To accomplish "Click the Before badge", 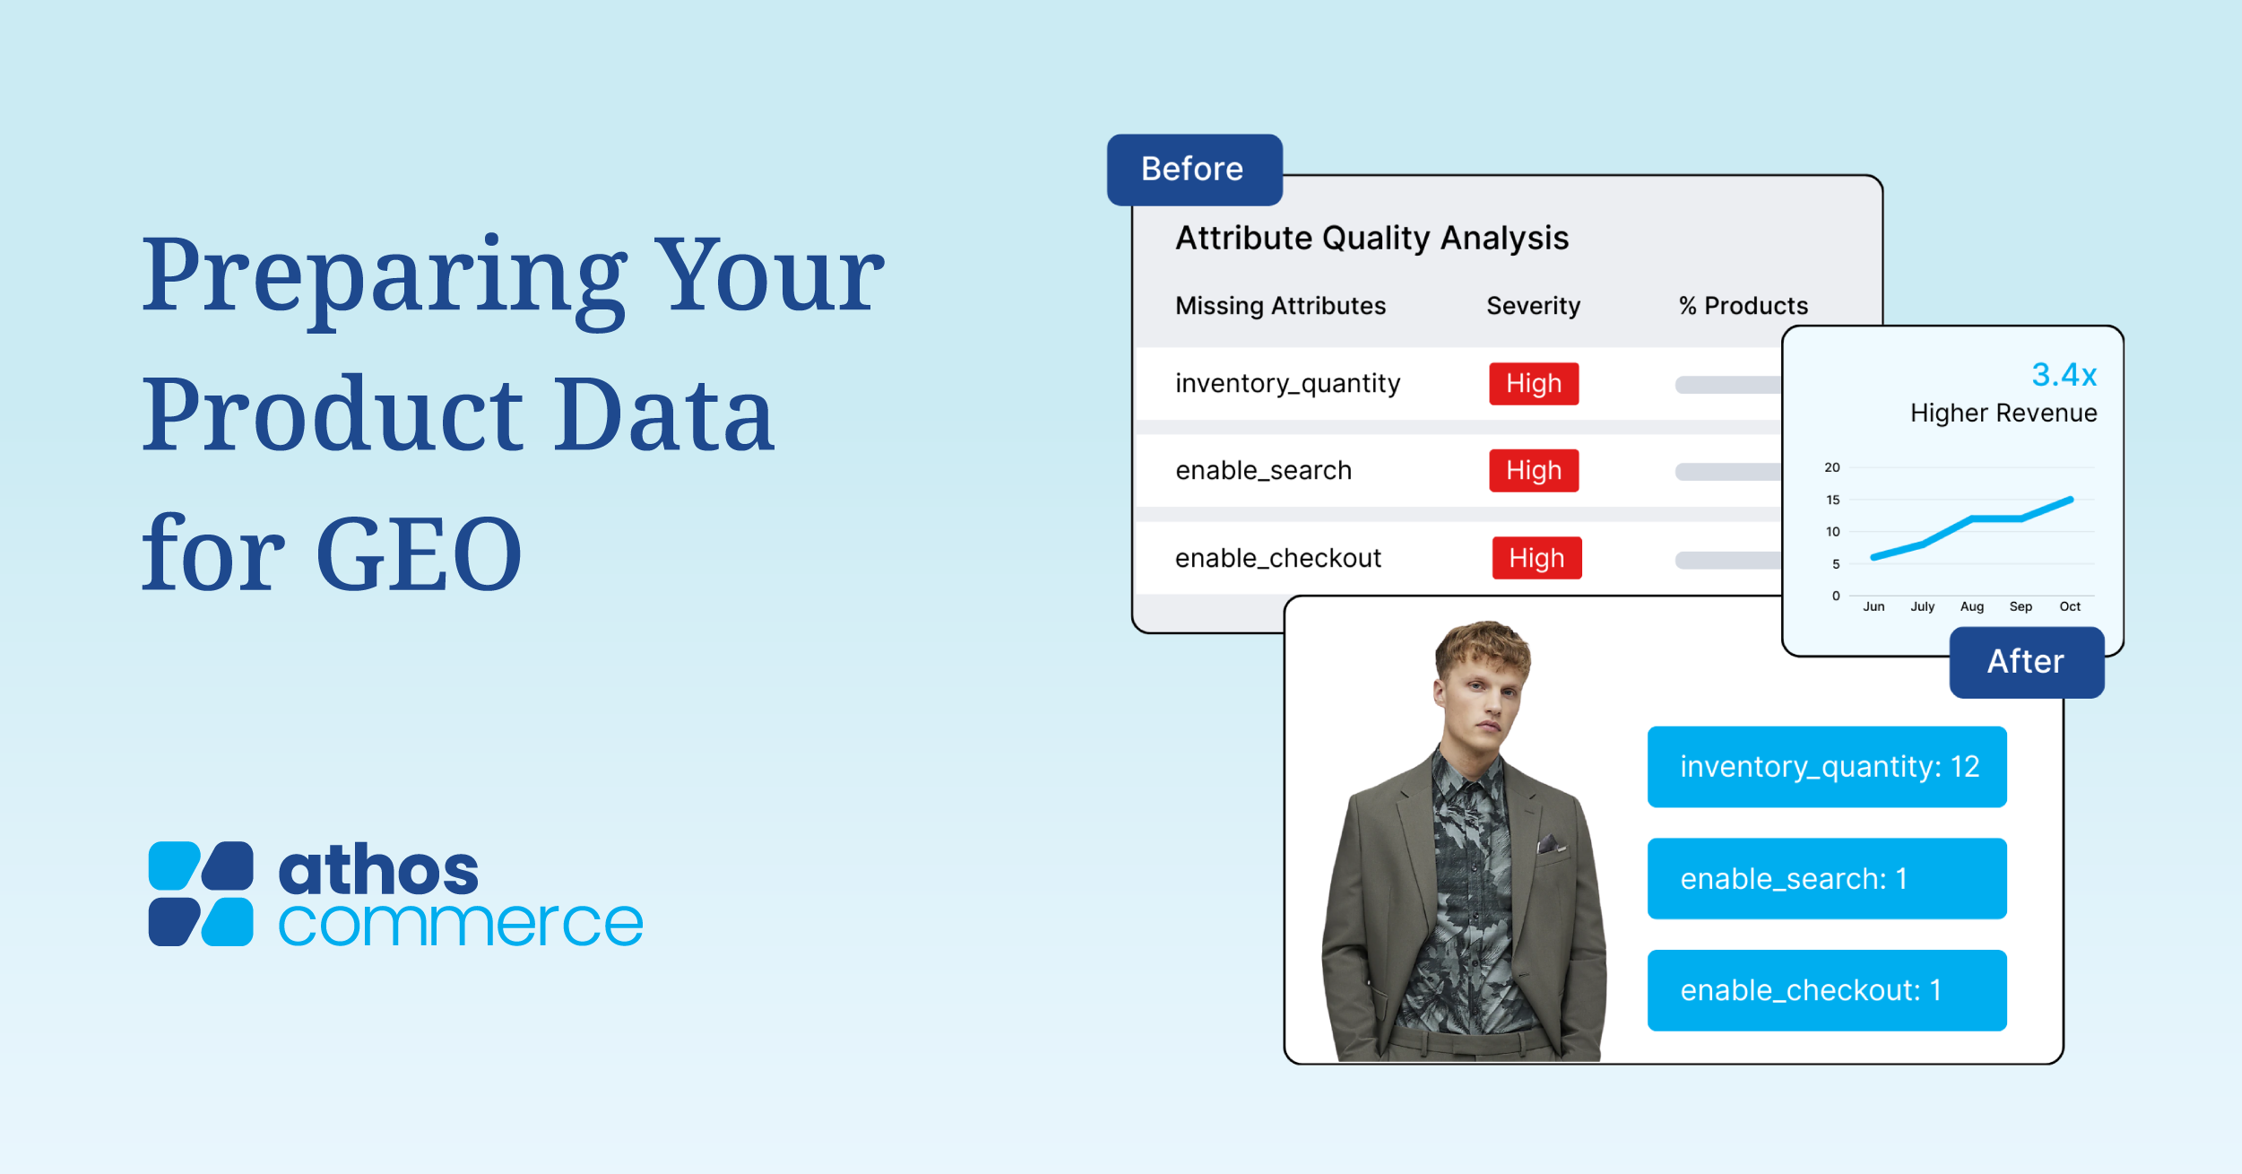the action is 1194,170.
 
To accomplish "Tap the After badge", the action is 2026,662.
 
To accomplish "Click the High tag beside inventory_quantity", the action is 1534,384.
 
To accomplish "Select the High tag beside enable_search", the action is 1534,471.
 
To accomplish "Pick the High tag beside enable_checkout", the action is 1537,558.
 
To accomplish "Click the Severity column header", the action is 1533,306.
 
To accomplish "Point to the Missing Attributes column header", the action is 1280,306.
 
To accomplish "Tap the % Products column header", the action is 1743,306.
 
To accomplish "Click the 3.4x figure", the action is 2064,374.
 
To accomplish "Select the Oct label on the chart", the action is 2070,606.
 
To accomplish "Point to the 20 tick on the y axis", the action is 1832,467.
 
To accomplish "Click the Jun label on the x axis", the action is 1874,606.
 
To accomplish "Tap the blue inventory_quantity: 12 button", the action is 1827,767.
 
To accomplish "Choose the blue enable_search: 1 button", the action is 1827,879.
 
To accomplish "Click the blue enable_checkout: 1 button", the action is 1827,990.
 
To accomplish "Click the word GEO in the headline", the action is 420,553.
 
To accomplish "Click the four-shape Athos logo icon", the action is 201,893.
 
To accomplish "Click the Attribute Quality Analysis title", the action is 1372,239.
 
